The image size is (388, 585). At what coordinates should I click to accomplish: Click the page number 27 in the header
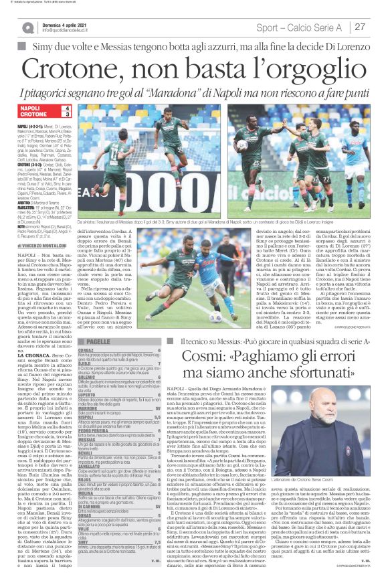[x=359, y=27]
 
